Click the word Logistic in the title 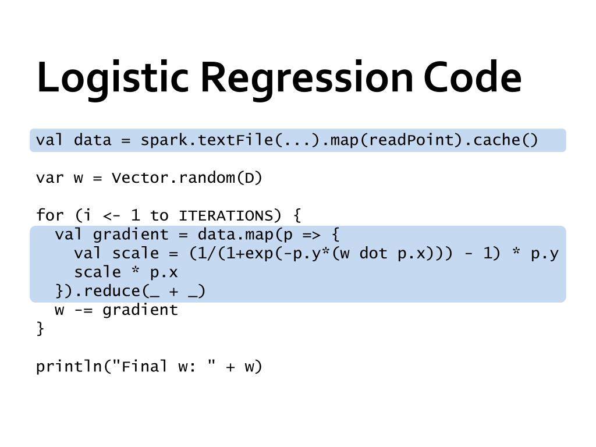(112, 78)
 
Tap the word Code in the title (472, 78)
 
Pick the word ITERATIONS (225, 216)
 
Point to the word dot (373, 254)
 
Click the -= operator (83, 310)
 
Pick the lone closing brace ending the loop (40, 329)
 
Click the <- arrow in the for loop (112, 216)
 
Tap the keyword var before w (50, 178)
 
